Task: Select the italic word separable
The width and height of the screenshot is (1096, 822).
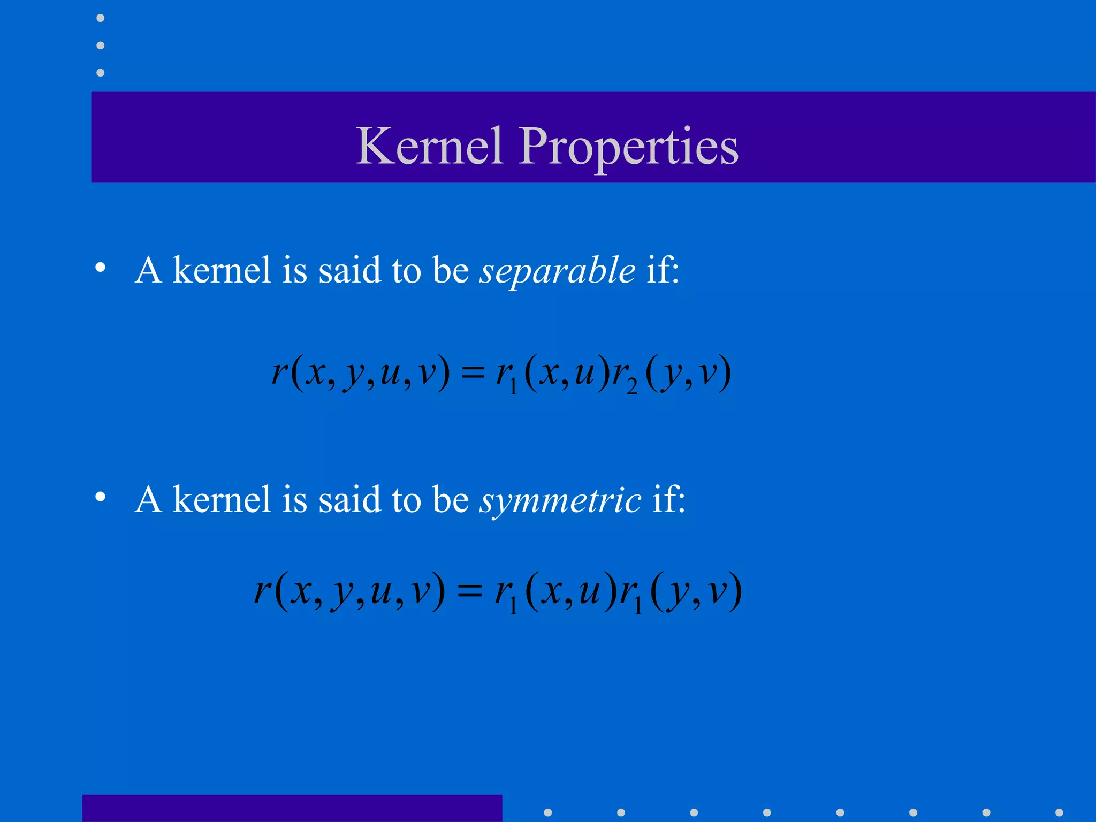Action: [557, 270]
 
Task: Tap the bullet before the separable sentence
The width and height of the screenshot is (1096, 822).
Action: [100, 268]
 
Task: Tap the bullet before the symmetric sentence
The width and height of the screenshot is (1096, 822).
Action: [100, 497]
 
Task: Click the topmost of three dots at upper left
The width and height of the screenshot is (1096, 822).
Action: [100, 18]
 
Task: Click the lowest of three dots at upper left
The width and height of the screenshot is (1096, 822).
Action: [100, 72]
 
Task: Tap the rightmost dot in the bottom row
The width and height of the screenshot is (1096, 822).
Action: [1059, 812]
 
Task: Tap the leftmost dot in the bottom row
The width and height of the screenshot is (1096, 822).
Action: [547, 812]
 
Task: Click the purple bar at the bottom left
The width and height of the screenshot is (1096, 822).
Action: [292, 808]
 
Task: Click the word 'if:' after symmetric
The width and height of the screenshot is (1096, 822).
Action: [668, 499]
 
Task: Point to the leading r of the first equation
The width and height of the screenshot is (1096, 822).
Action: [279, 371]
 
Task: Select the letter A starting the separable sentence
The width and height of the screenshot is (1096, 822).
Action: [148, 270]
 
